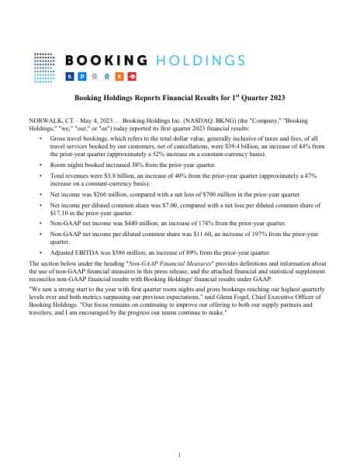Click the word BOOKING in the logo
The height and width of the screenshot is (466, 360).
coord(107,60)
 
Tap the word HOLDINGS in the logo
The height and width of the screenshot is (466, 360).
coord(200,60)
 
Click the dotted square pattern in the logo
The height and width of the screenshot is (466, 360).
coord(45,65)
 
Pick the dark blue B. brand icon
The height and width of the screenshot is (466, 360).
coord(71,77)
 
